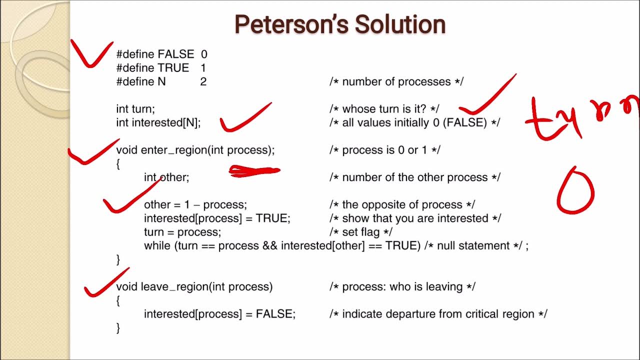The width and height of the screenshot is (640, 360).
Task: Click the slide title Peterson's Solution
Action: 340,24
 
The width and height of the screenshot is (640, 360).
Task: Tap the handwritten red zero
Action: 575,191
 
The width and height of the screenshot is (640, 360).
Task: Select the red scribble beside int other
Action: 254,171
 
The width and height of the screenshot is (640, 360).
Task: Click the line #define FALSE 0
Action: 161,54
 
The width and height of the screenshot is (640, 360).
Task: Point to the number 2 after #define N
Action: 203,81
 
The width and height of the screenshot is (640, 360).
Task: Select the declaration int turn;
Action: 135,109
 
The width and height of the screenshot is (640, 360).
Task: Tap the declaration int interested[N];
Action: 158,122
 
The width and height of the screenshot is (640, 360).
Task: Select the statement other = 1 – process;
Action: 195,204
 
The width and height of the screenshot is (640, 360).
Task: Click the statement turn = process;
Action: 182,232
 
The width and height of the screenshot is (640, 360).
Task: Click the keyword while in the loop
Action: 157,245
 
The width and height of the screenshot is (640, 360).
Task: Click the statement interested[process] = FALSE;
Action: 219,314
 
